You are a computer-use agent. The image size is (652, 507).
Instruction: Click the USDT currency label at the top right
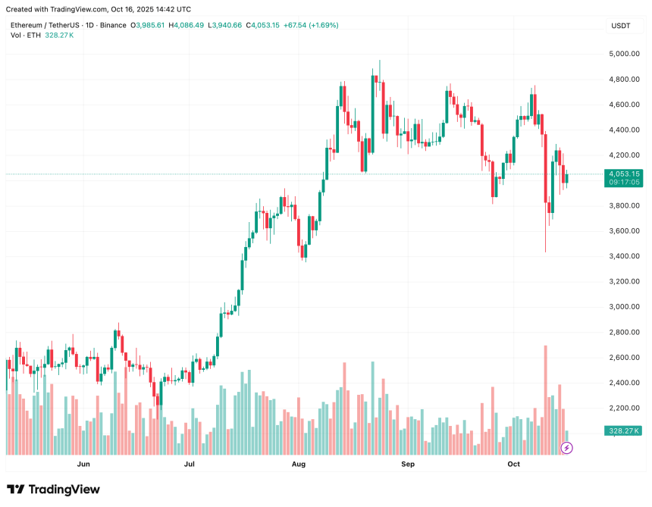click(x=621, y=26)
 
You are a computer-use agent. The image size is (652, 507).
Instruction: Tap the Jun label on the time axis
click(x=83, y=464)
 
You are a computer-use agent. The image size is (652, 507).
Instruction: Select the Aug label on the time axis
click(x=299, y=464)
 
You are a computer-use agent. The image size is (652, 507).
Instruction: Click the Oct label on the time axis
click(x=514, y=464)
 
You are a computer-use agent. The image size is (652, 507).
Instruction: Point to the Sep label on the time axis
click(x=408, y=464)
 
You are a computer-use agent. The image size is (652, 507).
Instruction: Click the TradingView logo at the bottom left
click(x=53, y=490)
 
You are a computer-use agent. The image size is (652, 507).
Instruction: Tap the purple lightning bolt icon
click(x=566, y=448)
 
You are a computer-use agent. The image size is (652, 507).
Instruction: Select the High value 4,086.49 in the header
click(x=189, y=25)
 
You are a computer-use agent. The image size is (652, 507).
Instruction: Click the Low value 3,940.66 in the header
click(x=227, y=25)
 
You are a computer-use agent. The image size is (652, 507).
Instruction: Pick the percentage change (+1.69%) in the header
click(x=322, y=25)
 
